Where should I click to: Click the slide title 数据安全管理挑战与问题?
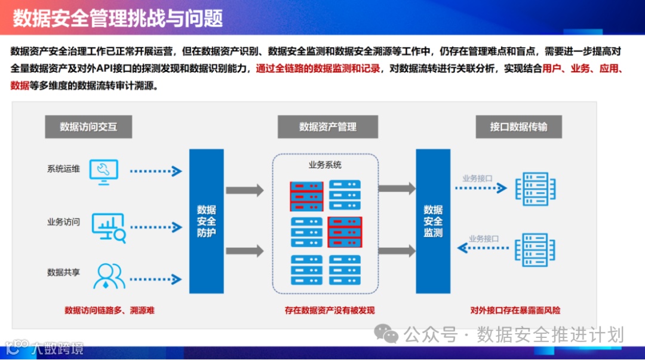pyautogui.click(x=118, y=18)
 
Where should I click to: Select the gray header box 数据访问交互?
pyautogui.click(x=88, y=127)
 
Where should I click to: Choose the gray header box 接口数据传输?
pyautogui.click(x=518, y=127)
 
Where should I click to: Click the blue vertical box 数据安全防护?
pyautogui.click(x=207, y=221)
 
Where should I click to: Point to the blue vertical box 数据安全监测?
pyautogui.click(x=433, y=221)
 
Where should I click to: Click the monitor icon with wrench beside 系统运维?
pyautogui.click(x=103, y=170)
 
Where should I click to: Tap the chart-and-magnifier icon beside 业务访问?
pyautogui.click(x=109, y=227)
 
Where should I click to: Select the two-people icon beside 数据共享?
pyautogui.click(x=109, y=275)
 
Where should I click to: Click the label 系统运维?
pyautogui.click(x=63, y=169)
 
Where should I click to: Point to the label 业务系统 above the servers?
pyautogui.click(x=325, y=165)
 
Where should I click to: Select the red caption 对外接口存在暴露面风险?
pyautogui.click(x=515, y=310)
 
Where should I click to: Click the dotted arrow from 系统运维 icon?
pyautogui.click(x=156, y=171)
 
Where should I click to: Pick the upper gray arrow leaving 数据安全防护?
pyautogui.click(x=244, y=190)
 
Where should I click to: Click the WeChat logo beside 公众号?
pyautogui.click(x=390, y=334)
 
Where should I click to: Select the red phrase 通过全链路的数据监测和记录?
pyautogui.click(x=318, y=69)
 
